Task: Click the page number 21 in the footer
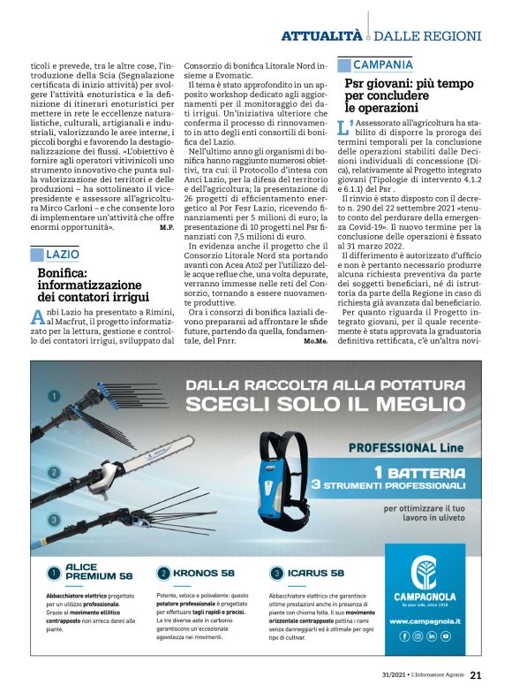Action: tap(475, 675)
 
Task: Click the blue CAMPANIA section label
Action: tap(382, 65)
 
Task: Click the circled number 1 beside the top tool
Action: tap(54, 397)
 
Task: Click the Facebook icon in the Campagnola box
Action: tap(405, 635)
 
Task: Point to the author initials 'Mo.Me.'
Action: tap(313, 340)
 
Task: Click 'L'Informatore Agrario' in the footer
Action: tap(432, 676)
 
